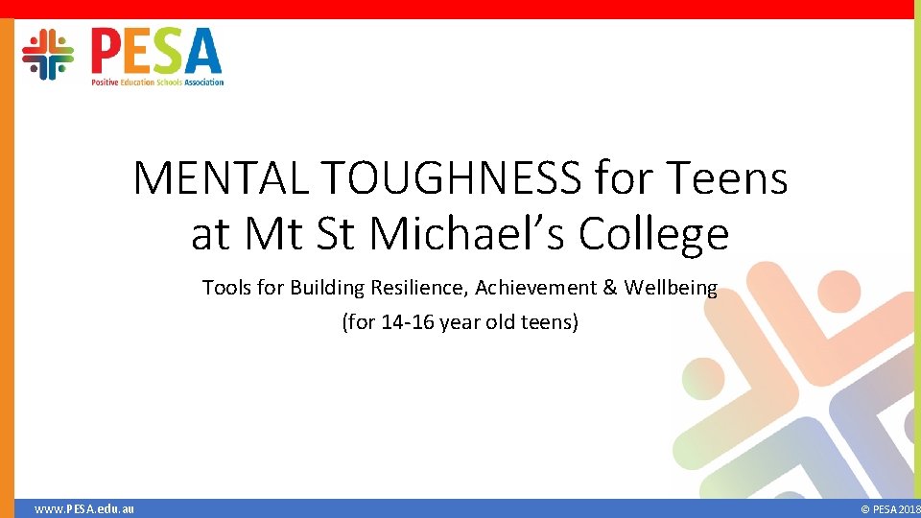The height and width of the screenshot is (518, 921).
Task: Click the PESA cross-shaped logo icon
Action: (x=48, y=54)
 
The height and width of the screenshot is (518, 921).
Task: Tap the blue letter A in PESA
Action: (x=203, y=51)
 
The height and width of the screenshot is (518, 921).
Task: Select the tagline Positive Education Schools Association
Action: (x=157, y=82)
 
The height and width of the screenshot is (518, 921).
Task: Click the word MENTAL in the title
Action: (x=221, y=177)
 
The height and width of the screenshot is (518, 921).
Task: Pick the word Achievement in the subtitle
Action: (x=541, y=288)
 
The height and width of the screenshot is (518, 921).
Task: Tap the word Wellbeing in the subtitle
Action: (x=671, y=289)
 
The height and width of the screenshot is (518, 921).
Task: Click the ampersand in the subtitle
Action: (x=608, y=288)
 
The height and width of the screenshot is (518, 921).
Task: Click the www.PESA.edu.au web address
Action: (x=84, y=508)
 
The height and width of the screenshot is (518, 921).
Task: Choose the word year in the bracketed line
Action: (x=461, y=323)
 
